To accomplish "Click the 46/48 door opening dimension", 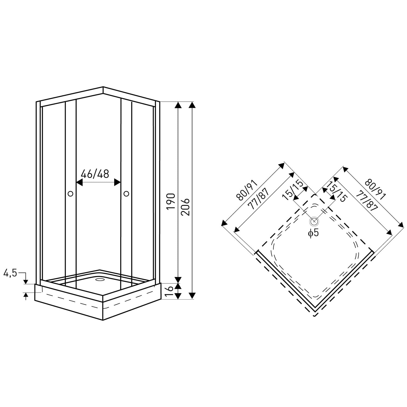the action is (x=95, y=174).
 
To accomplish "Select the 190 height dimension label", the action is (x=171, y=202).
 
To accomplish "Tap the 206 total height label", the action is (x=185, y=207).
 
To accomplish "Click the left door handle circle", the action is (x=70, y=193).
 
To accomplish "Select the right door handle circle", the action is (x=126, y=193).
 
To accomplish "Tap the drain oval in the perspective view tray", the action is (x=100, y=278).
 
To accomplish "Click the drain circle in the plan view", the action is (x=314, y=221).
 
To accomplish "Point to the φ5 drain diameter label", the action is (x=313, y=233).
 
